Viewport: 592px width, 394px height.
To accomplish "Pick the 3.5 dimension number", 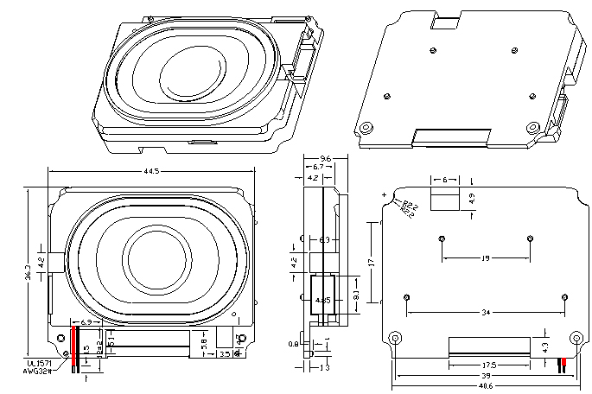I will point(223,353).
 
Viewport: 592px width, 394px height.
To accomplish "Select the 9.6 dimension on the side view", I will point(325,159).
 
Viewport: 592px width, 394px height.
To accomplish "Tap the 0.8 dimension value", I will point(294,344).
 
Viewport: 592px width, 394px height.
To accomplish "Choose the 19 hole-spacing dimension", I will point(486,257).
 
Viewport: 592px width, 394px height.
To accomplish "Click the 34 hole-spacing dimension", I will point(486,311).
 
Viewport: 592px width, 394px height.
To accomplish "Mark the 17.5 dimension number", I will point(487,364).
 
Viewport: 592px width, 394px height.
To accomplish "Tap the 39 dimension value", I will point(487,376).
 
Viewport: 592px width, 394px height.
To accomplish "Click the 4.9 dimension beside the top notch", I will point(472,199).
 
